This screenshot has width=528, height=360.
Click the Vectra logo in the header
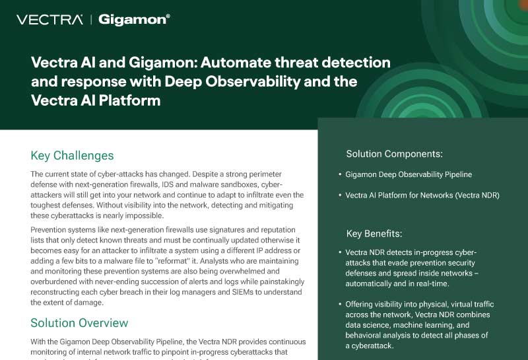(x=49, y=20)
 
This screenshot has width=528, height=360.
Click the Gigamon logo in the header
(x=134, y=20)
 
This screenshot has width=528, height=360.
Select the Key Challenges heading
(x=72, y=156)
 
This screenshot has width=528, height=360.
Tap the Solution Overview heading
(x=79, y=323)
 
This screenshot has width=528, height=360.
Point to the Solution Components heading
(x=394, y=154)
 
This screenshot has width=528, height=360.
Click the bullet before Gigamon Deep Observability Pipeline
(x=339, y=175)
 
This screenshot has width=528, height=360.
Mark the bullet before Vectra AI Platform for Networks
(x=339, y=196)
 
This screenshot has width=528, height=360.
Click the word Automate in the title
(x=230, y=63)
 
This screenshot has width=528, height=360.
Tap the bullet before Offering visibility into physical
(x=339, y=305)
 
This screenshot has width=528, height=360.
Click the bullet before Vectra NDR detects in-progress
(x=339, y=253)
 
